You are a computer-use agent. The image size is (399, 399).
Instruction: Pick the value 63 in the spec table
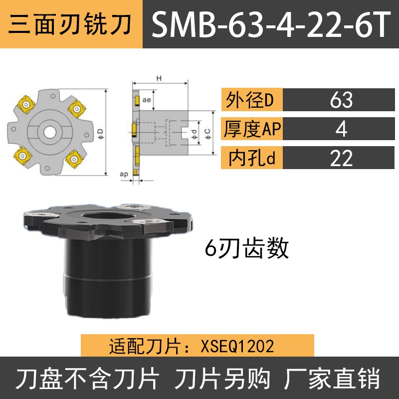coord(341,100)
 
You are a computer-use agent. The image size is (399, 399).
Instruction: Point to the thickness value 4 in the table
coord(341,130)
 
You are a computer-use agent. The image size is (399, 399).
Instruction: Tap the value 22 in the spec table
coord(341,159)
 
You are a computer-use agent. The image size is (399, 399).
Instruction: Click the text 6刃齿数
coord(247,248)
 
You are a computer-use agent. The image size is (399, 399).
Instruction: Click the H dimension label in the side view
coord(159,78)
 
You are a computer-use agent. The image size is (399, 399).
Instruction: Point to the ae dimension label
coord(147,100)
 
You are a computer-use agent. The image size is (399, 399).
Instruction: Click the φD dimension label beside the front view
coord(100,132)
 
